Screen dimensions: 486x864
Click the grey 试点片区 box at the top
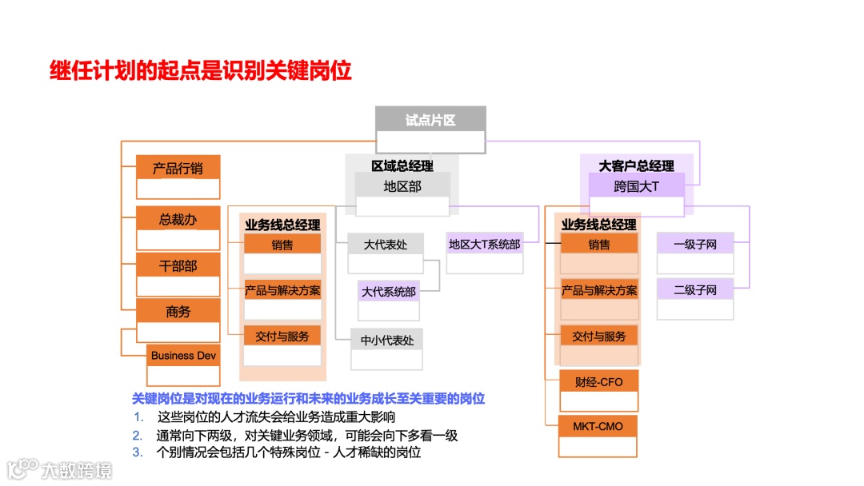tap(430, 121)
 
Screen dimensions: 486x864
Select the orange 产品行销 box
tap(178, 169)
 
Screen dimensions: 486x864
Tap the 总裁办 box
tap(178, 218)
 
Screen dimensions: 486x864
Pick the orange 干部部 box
tap(178, 265)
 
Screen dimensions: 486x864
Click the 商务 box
tap(178, 312)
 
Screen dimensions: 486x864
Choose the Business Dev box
tap(183, 356)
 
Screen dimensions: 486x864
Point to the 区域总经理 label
tap(402, 165)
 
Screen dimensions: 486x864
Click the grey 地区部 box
tap(402, 187)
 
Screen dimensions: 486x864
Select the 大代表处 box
tap(385, 245)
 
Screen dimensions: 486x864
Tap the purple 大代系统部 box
tap(389, 292)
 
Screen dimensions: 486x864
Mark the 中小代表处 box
tap(387, 340)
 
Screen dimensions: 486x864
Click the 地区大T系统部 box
tap(484, 245)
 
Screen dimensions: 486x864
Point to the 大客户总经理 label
tap(636, 165)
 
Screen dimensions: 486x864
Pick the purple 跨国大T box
tap(636, 187)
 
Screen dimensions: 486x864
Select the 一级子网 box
tap(694, 245)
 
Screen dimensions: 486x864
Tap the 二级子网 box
tap(694, 290)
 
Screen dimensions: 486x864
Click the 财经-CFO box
tap(598, 382)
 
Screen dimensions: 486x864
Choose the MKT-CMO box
tap(598, 426)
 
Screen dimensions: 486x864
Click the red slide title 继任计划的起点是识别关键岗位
tap(201, 71)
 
